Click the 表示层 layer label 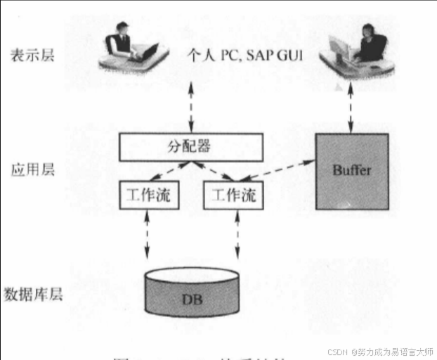pyautogui.click(x=27, y=54)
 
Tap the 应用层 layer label pyautogui.click(x=27, y=170)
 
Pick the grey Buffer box pyautogui.click(x=351, y=171)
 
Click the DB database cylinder pyautogui.click(x=193, y=292)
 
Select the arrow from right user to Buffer pyautogui.click(x=351, y=110)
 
